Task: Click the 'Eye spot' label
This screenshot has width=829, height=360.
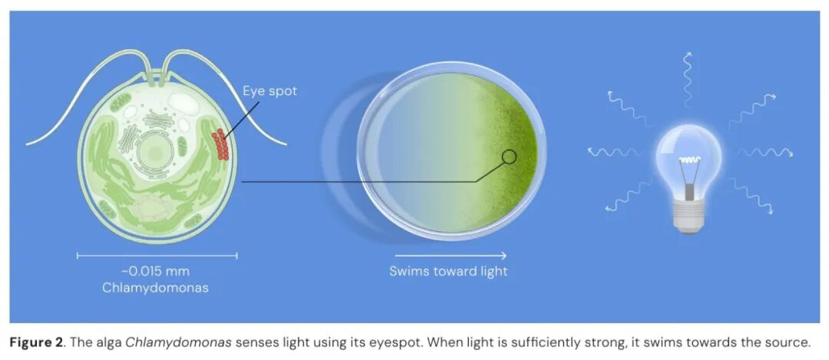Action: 269,91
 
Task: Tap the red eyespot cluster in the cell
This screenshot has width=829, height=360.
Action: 220,144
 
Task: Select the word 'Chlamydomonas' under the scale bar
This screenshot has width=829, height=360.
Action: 155,288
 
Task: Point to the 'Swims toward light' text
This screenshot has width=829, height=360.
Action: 448,272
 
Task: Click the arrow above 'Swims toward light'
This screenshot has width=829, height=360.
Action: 448,256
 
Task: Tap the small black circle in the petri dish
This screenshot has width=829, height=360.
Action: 509,157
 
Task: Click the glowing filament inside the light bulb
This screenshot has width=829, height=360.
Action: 689,160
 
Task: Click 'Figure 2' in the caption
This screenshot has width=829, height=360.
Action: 35,342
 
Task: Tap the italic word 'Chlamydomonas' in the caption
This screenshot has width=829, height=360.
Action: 179,342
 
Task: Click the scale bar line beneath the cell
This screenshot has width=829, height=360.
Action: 157,256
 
